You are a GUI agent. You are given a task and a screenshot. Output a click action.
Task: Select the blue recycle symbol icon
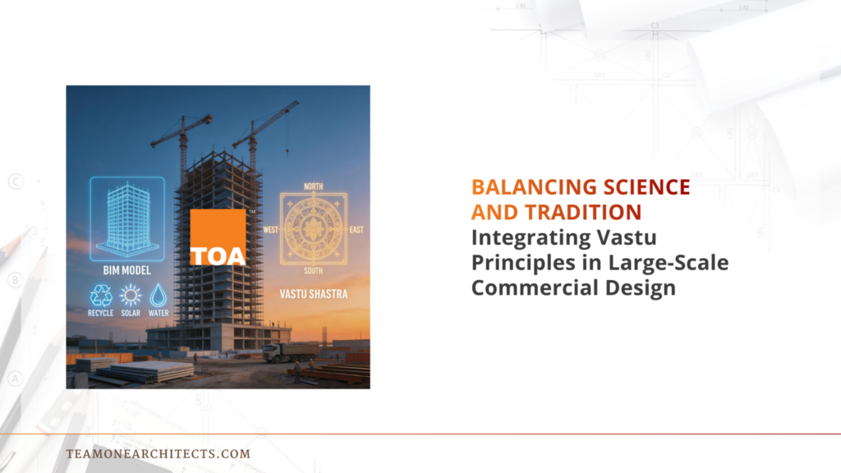click(101, 296)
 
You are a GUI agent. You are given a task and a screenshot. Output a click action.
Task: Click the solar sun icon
click(130, 296)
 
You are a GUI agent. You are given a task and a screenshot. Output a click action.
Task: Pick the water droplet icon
click(158, 296)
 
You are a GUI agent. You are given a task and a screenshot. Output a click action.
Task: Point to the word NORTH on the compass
click(313, 186)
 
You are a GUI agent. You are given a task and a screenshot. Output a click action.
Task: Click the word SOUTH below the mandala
click(313, 271)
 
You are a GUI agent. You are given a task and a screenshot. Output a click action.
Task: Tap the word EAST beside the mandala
click(356, 230)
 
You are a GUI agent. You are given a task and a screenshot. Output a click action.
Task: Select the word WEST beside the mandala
click(270, 230)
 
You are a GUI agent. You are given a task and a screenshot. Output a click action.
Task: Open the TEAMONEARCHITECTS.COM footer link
click(158, 453)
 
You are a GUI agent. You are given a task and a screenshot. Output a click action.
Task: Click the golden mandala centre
click(313, 229)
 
